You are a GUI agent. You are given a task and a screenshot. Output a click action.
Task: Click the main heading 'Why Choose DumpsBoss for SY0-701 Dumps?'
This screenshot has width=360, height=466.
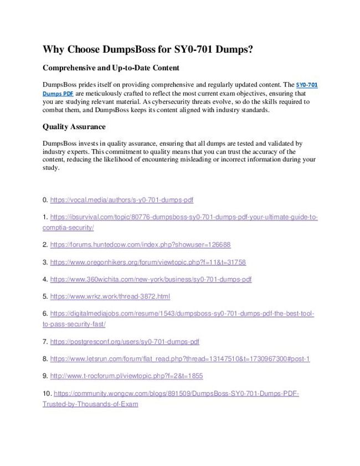[148, 49]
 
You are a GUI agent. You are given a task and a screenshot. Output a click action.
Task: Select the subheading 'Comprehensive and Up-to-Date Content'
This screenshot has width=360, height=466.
[111, 68]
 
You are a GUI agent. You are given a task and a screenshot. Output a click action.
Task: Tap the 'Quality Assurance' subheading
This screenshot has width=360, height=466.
[74, 127]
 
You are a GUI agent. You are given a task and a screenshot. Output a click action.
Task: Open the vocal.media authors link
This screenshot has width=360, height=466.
[121, 200]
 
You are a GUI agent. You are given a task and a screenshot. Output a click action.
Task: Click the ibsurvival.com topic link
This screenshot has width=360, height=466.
[183, 217]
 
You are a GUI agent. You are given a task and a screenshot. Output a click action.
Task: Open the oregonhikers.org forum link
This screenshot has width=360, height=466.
[148, 262]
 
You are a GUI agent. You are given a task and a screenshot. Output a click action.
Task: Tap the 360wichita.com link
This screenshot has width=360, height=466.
[151, 279]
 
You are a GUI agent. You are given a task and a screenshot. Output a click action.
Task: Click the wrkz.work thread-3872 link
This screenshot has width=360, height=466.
[110, 296]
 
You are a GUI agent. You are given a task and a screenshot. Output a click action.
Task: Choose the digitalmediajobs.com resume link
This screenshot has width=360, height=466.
[182, 314]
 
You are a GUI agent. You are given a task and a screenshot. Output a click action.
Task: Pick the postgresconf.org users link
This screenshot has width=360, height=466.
[125, 342]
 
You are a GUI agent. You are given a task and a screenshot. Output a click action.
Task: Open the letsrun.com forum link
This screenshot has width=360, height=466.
[180, 359]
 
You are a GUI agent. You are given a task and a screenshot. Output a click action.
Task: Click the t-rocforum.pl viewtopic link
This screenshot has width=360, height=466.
[126, 376]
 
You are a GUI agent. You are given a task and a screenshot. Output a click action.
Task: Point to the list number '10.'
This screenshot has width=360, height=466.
[47, 393]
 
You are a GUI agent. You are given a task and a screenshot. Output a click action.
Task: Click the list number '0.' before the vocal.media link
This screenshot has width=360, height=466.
[45, 200]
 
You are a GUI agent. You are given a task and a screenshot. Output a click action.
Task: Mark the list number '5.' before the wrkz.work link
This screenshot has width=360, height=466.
[45, 296]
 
